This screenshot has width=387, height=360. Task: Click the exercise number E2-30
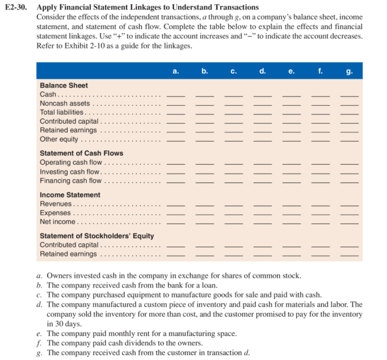coord(18,7)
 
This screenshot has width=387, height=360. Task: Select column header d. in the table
coord(263,71)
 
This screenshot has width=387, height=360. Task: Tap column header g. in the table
coord(349,71)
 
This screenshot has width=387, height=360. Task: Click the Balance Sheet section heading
coord(64,85)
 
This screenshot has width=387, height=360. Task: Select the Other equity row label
coord(59,139)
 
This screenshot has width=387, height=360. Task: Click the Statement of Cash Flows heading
coord(81,153)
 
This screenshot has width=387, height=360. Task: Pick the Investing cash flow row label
coord(69,172)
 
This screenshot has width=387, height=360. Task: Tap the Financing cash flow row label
coord(71,181)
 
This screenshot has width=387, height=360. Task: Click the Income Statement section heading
coord(70,195)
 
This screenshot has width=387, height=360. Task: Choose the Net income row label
coord(58,222)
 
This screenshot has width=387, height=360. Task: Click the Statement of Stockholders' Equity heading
coord(97,236)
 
